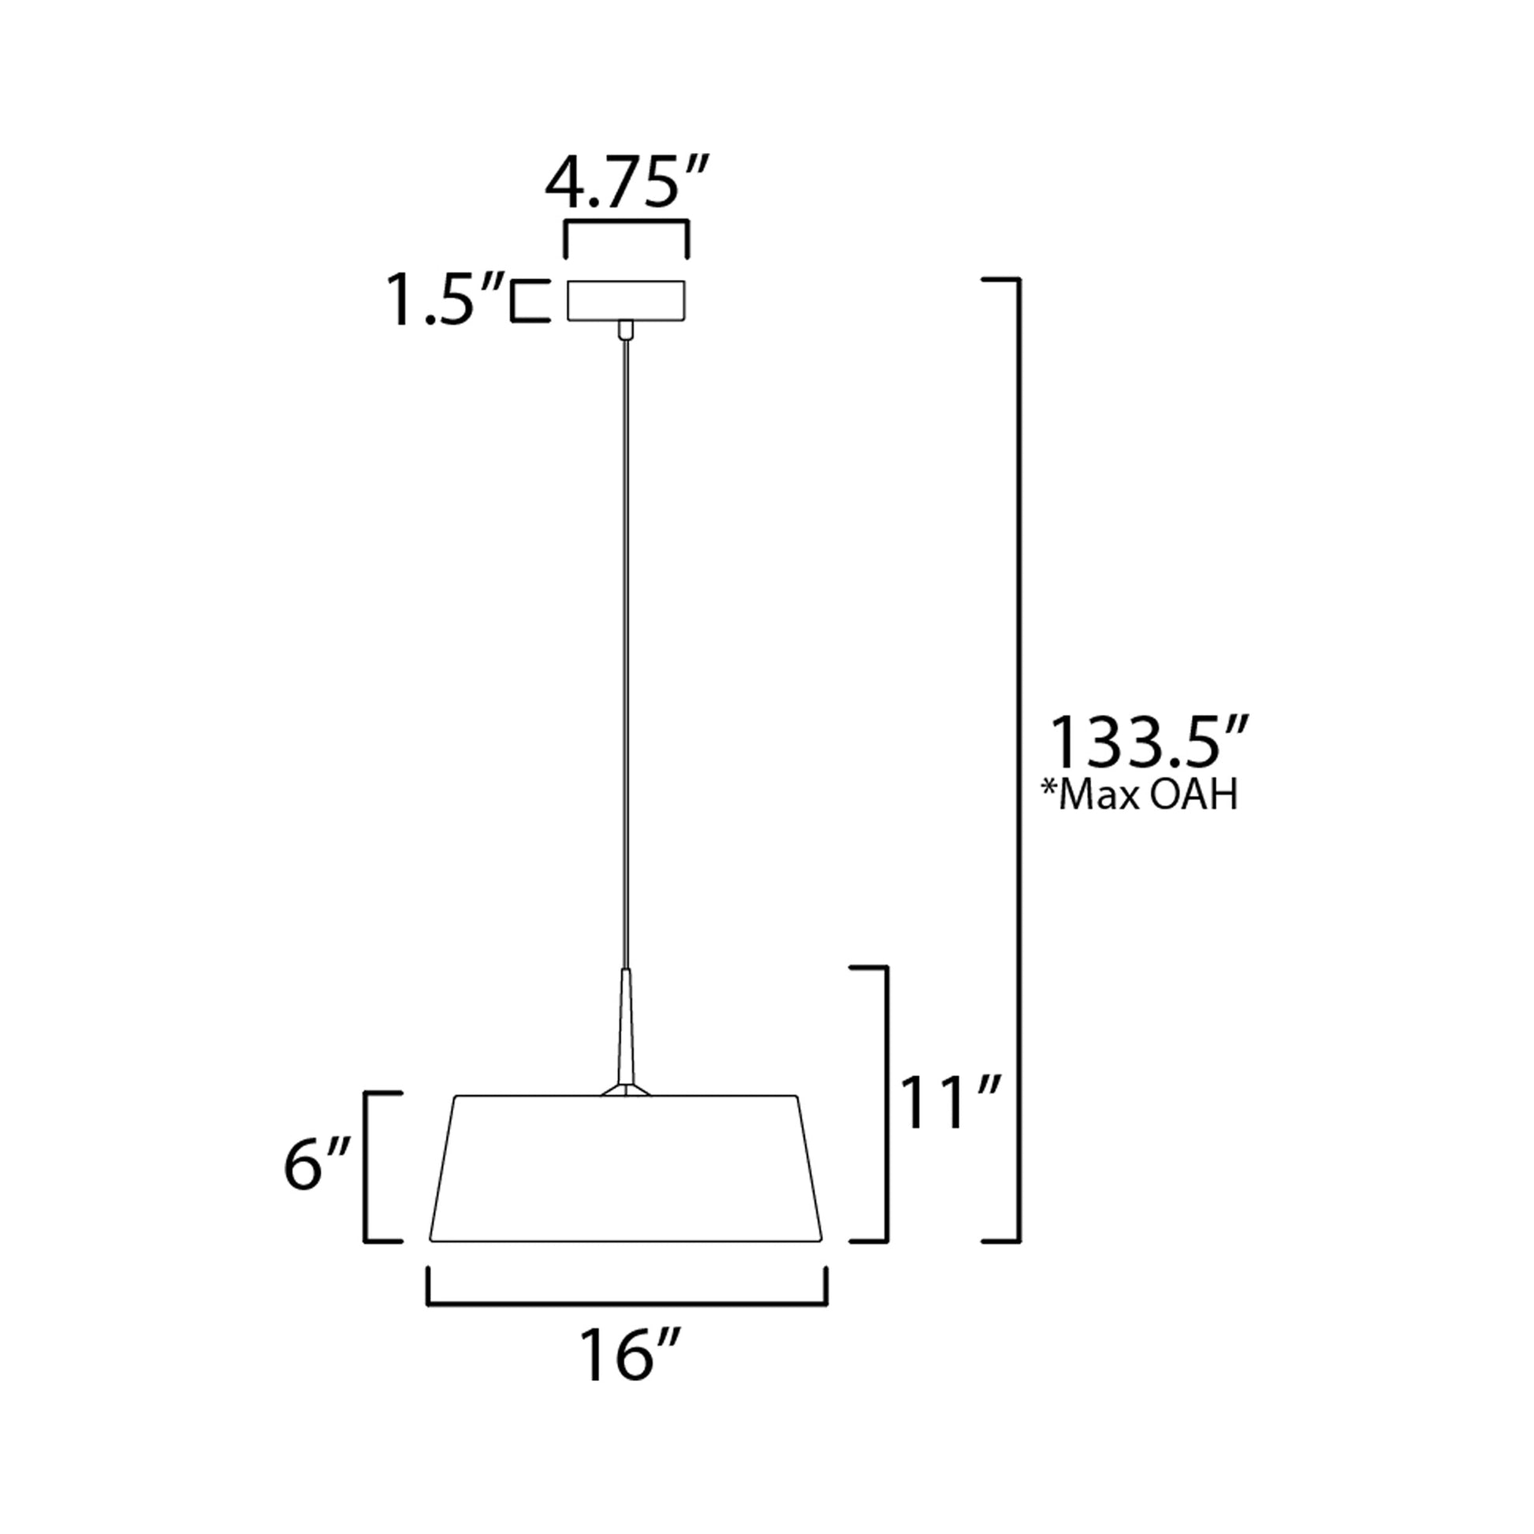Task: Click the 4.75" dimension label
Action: point(625,184)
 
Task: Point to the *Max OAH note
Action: point(1140,796)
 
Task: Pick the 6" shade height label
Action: point(317,1166)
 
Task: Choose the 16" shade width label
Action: point(628,1355)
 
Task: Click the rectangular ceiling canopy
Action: point(626,300)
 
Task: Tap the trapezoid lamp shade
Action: point(626,1168)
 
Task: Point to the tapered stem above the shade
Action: point(627,1024)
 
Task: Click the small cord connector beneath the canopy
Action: point(627,330)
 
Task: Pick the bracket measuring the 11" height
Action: point(886,1104)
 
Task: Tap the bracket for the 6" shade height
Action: point(366,1167)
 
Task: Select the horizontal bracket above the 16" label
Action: point(627,1303)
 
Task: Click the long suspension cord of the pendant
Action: point(627,651)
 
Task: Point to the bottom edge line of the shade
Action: point(626,1240)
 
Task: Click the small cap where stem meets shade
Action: point(627,1089)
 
